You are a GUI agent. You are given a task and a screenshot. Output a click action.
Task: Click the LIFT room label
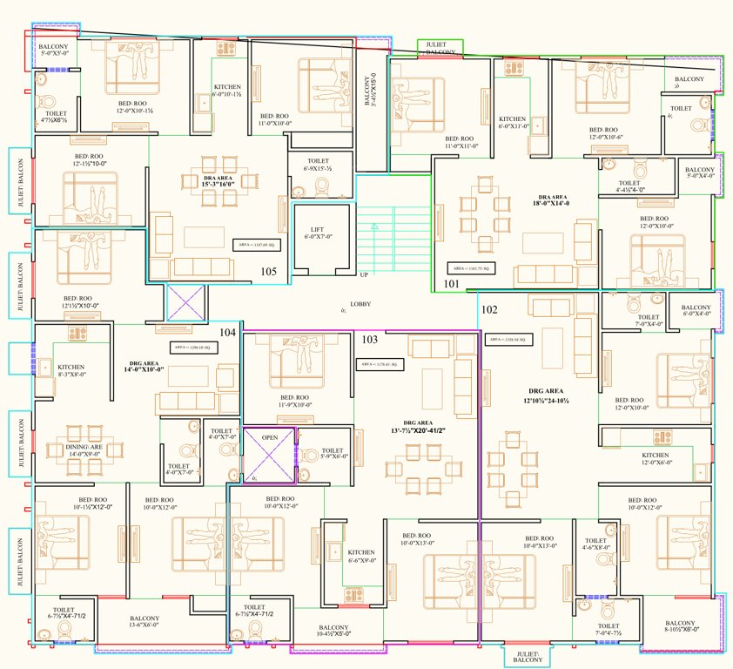click(317, 230)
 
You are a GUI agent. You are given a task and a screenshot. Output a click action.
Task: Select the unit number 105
click(269, 272)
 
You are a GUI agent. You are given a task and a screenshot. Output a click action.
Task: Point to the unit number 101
click(451, 283)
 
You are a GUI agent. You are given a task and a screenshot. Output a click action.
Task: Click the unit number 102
click(489, 309)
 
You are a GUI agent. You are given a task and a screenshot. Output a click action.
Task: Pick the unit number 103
click(370, 339)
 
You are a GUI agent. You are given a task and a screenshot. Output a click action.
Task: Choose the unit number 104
click(227, 332)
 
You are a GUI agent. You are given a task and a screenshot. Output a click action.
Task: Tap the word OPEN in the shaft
click(269, 437)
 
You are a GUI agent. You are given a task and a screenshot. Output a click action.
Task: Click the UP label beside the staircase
click(365, 274)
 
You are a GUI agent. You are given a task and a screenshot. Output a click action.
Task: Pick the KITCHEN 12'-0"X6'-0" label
click(655, 459)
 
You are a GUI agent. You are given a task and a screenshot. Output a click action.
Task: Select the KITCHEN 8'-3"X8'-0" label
click(71, 372)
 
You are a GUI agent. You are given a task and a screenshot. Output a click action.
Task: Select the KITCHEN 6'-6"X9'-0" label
click(361, 557)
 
